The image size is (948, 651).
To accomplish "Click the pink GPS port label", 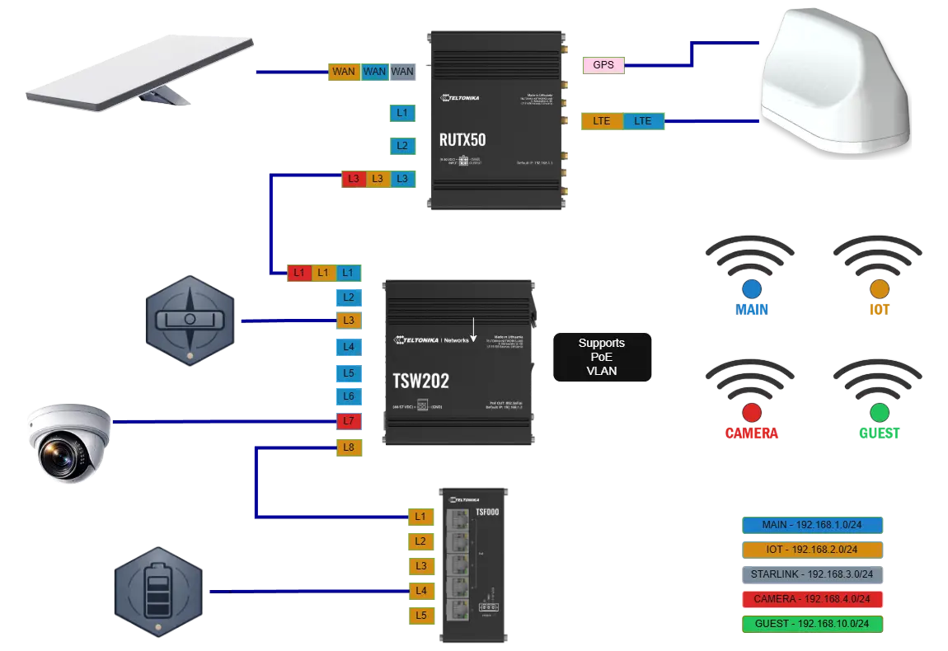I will coord(603,64).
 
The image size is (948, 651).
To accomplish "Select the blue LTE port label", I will coord(644,121).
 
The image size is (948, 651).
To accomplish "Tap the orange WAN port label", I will coord(344,72).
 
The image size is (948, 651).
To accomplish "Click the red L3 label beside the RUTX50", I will coord(353,178).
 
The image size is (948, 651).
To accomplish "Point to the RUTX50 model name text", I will coord(462,139).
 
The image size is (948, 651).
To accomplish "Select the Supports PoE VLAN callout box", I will coord(601,357).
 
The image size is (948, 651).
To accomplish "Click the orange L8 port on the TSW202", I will coord(349,448).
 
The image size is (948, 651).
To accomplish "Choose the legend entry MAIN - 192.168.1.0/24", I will coord(811,525).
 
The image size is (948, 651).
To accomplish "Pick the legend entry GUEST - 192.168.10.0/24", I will coord(811,624).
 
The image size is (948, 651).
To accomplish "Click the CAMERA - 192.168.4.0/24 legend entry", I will coord(811,599).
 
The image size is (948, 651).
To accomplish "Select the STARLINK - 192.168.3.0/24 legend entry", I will coord(811,574).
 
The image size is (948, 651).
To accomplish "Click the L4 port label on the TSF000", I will coord(420,591).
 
